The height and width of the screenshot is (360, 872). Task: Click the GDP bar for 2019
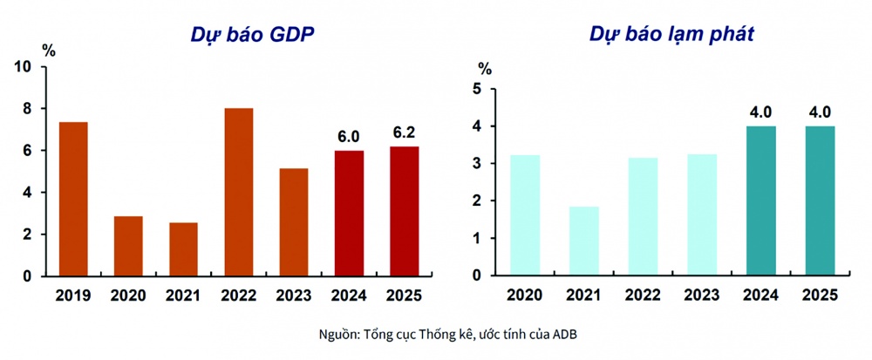[x=73, y=199]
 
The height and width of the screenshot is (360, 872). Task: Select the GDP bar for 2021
[x=183, y=249]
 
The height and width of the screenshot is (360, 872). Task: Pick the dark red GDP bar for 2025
[x=404, y=211]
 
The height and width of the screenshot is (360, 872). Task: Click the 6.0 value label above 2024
[x=349, y=137]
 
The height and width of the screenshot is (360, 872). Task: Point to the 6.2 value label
[x=404, y=132]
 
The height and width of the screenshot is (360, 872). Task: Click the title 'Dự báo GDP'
[x=253, y=35]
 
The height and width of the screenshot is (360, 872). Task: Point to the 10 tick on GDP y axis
[x=24, y=67]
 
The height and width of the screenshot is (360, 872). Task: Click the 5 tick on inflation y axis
[x=476, y=89]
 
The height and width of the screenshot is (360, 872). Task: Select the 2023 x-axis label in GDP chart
[x=294, y=296]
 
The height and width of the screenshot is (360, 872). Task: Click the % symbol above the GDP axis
[x=49, y=50]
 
